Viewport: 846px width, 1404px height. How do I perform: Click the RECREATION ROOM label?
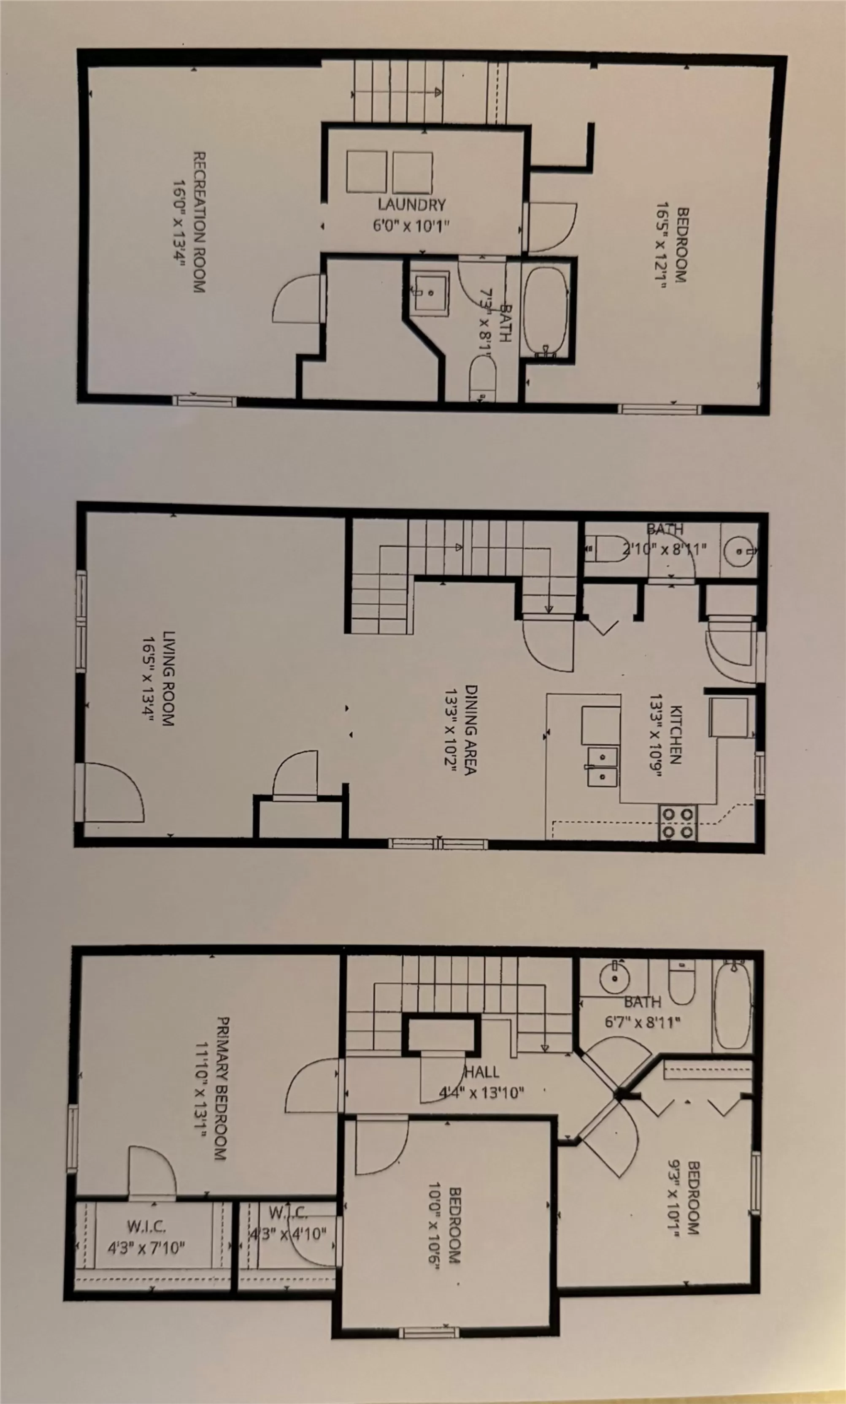(199, 222)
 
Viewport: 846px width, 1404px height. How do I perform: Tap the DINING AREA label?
(470, 729)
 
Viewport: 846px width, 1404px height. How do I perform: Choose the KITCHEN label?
(676, 735)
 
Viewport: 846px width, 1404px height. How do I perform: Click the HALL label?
(482, 1072)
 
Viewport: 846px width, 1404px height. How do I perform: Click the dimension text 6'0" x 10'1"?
(411, 226)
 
